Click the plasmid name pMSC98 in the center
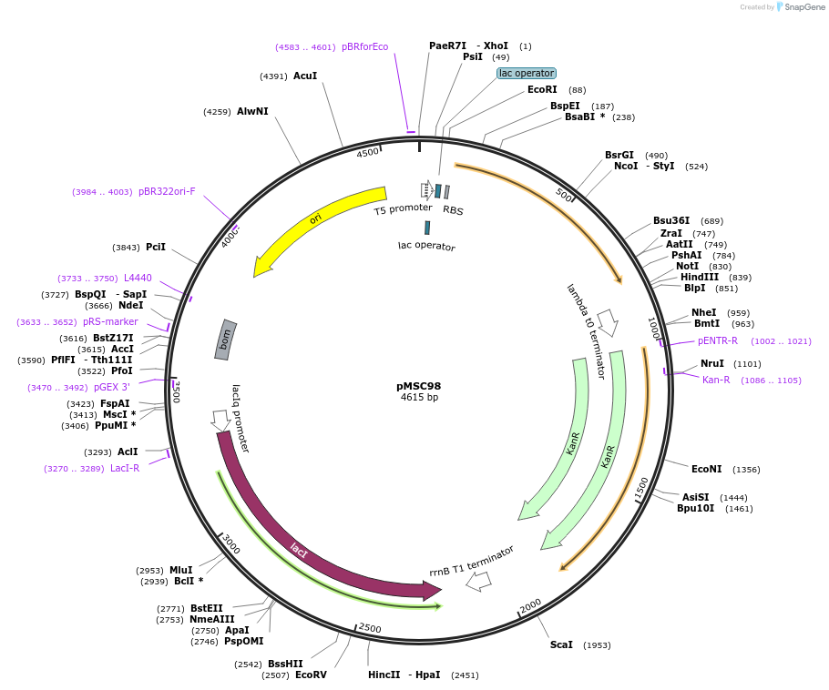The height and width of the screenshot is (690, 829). [419, 385]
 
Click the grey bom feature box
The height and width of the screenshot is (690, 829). [226, 338]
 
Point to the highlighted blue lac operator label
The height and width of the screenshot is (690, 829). [527, 73]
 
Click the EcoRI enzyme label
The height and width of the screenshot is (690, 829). [542, 89]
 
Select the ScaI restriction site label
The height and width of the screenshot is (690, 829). [561, 644]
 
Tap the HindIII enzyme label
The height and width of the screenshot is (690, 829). [699, 277]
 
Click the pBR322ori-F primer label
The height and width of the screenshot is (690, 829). [167, 191]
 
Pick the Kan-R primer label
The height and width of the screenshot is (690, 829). [716, 380]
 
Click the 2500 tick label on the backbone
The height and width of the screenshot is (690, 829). [370, 628]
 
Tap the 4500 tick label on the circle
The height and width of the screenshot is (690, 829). [367, 153]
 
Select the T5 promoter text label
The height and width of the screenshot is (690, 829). [403, 209]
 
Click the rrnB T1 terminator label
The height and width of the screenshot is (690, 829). [472, 561]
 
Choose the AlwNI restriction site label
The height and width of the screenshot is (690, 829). [252, 111]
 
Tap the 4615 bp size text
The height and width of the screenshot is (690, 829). [419, 398]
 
